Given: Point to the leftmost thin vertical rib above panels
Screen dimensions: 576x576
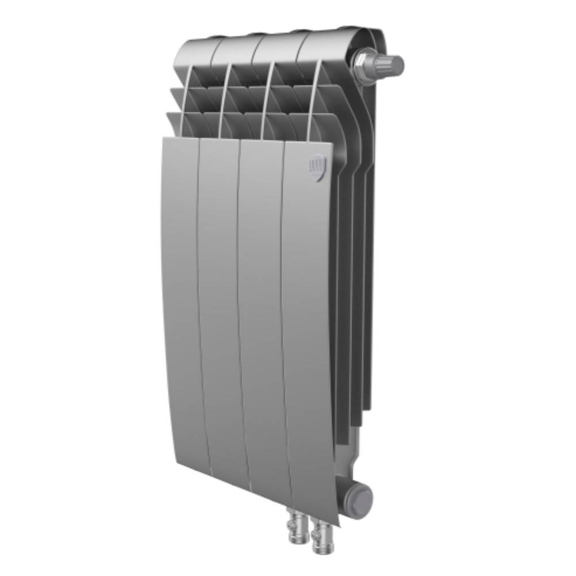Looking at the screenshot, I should click(x=185, y=101).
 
